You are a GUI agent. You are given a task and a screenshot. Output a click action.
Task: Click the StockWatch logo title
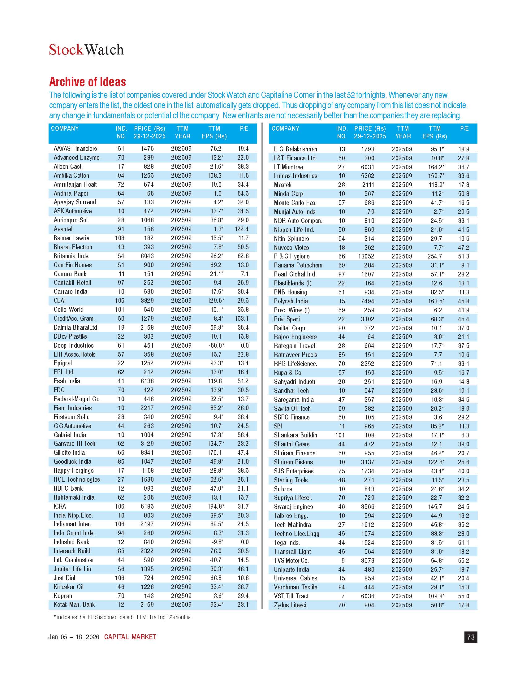(86, 50)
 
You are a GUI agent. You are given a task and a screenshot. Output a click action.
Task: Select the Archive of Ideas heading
(88, 82)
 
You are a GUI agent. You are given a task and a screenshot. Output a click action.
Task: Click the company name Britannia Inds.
(71, 256)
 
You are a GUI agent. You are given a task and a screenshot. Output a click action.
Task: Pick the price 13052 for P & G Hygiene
(364, 256)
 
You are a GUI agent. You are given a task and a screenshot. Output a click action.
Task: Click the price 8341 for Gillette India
(147, 453)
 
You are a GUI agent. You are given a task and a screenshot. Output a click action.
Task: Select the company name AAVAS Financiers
(75, 149)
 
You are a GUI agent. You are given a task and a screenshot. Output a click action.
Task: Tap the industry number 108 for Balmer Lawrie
(120, 238)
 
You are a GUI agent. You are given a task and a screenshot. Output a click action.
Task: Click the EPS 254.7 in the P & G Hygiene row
(434, 256)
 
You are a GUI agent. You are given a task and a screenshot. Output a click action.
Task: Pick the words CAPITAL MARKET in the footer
(130, 637)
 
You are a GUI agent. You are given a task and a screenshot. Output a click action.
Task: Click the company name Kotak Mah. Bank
(74, 605)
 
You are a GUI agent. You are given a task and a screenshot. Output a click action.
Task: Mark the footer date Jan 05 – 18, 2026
(74, 637)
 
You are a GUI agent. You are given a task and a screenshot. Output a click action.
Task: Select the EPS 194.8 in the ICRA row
(216, 506)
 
